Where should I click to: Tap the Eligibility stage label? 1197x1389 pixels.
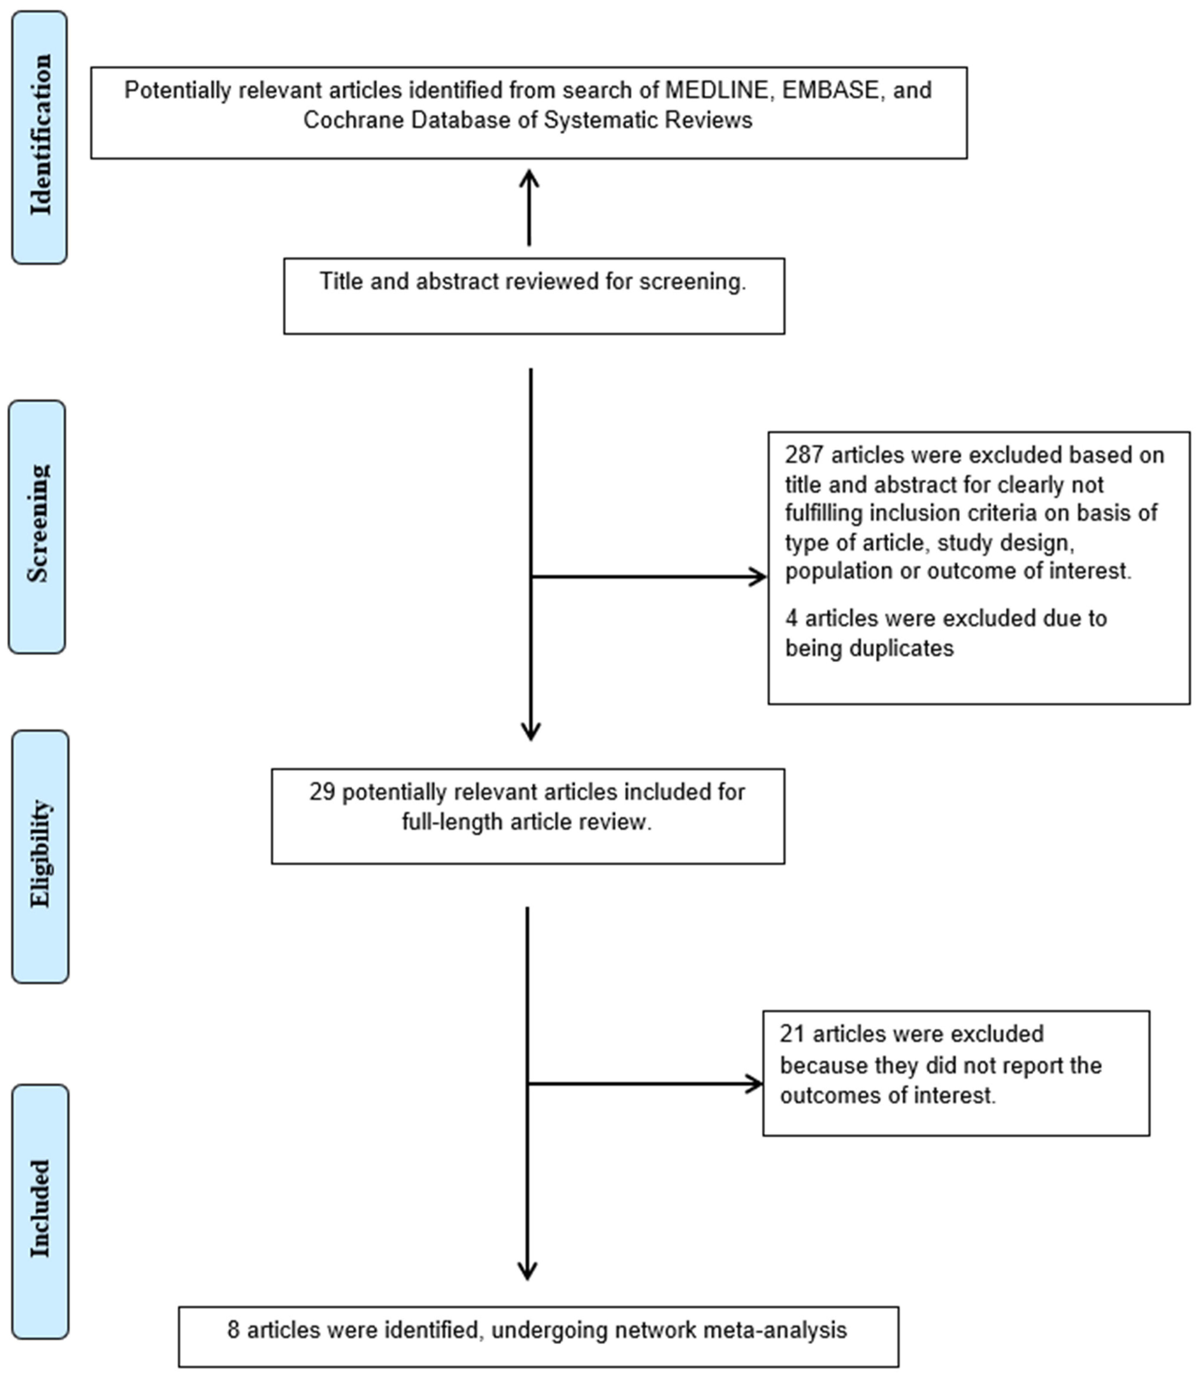tap(40, 855)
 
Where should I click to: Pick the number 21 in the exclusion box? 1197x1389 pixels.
tap(791, 1034)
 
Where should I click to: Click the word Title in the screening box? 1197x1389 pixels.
tap(341, 282)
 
